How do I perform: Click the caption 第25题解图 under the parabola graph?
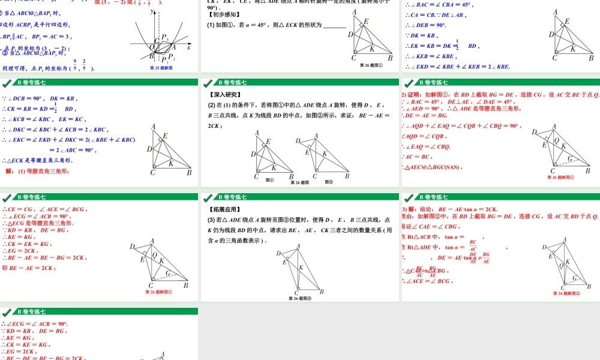(161, 68)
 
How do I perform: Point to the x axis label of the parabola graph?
(188, 47)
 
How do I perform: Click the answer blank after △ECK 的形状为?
(335, 25)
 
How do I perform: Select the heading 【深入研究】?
(225, 94)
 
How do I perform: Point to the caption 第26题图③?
(300, 298)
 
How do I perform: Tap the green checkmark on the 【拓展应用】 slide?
(208, 197)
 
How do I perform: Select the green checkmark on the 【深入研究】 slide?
(208, 82)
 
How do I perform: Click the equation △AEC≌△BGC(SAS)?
(432, 167)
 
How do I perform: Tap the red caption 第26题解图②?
(566, 293)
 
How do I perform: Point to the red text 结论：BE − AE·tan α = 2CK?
(456, 209)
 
